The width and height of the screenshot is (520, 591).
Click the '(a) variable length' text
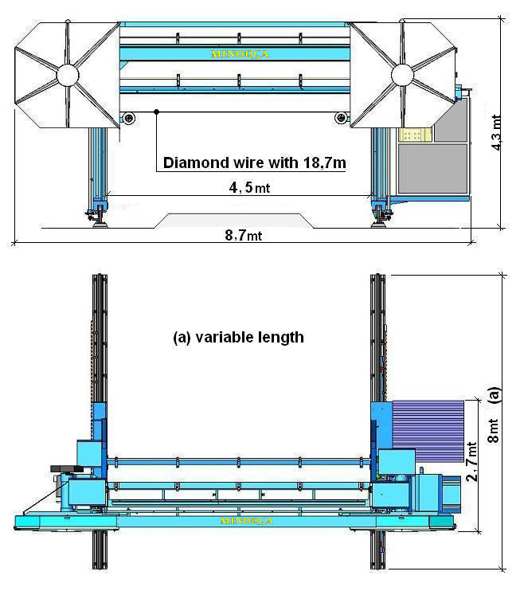(238, 337)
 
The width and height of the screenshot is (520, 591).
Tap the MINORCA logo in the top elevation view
(235, 55)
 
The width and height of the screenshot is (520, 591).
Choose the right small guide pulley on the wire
(342, 119)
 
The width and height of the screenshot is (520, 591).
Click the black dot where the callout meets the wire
(158, 111)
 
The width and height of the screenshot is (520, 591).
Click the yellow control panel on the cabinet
(412, 135)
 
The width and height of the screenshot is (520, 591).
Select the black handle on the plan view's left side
(61, 468)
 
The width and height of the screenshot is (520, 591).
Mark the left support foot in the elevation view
(100, 215)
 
